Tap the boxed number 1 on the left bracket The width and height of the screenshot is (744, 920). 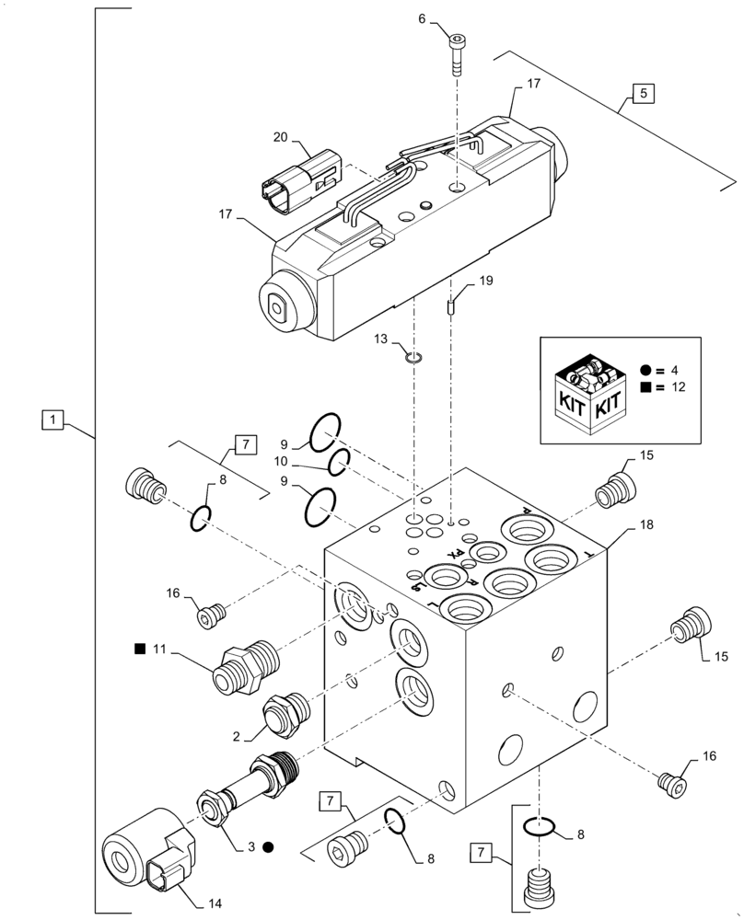[55, 420]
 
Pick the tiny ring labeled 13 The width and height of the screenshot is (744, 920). [414, 358]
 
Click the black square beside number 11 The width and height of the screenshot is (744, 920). [140, 650]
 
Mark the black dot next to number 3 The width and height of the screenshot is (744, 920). [268, 846]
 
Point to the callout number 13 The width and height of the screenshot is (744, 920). [380, 339]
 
